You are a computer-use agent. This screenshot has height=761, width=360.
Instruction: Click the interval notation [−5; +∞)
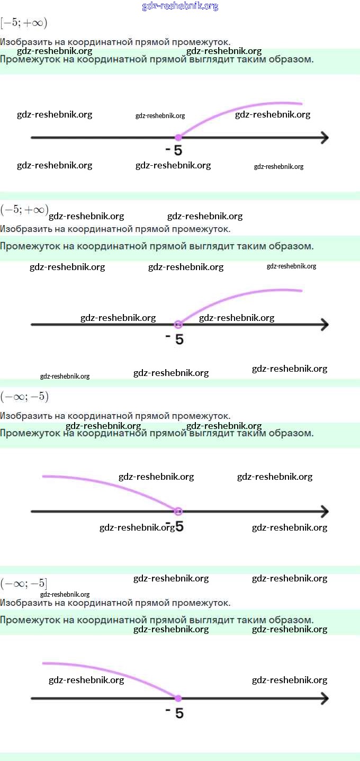[x=24, y=23]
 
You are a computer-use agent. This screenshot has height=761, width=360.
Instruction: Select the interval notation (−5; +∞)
[x=24, y=210]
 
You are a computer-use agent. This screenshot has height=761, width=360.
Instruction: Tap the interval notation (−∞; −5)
[x=24, y=397]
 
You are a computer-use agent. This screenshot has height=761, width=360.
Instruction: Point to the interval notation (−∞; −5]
[x=24, y=584]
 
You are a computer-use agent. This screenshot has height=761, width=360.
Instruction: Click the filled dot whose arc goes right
[x=178, y=138]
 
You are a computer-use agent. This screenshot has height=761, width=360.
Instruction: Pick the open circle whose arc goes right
[x=178, y=324]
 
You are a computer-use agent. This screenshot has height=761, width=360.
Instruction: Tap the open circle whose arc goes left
[x=178, y=511]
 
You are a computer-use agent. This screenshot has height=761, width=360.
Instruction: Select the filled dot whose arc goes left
[x=178, y=698]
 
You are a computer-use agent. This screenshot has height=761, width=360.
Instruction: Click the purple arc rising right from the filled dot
[x=238, y=109]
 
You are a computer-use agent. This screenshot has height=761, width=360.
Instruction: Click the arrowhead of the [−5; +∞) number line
[x=324, y=138]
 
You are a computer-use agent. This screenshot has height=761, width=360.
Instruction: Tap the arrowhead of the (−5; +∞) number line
[x=324, y=324]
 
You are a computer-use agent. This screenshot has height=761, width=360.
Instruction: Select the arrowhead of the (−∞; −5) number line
[x=324, y=511]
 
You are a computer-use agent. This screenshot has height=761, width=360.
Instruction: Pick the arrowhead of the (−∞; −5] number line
[x=324, y=698]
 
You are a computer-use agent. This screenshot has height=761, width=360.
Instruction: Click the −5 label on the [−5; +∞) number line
[x=174, y=150]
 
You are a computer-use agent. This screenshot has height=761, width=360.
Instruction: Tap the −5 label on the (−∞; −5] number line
[x=175, y=713]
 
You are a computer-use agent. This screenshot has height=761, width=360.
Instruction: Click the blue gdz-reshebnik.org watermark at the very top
[x=180, y=6]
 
